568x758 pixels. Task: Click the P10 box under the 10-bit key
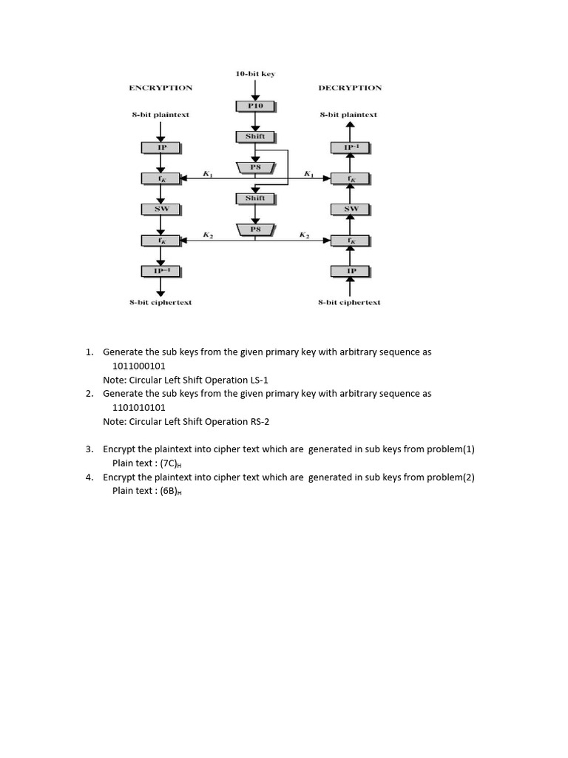coord(255,107)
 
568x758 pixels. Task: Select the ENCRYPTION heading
coord(160,87)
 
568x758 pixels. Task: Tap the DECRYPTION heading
coord(350,87)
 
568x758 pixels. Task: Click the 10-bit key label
coord(255,74)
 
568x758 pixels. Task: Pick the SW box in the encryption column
coord(161,209)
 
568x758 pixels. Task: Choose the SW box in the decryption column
coord(351,209)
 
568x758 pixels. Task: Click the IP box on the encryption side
coord(161,148)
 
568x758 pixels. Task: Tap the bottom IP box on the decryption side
coord(351,271)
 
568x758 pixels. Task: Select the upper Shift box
coord(255,137)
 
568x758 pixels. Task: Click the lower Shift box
coord(255,198)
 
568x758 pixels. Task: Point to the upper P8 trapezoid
coord(255,168)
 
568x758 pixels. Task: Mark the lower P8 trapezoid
coord(255,229)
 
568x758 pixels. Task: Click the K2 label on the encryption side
coord(208,235)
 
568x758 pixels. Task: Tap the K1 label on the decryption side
coord(308,174)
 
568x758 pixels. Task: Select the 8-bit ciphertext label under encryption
coord(160,303)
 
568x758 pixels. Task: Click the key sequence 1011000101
coord(139,366)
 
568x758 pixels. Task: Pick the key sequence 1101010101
coord(139,407)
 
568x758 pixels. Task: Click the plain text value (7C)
coord(171,463)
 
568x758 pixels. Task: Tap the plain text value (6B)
coord(171,491)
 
